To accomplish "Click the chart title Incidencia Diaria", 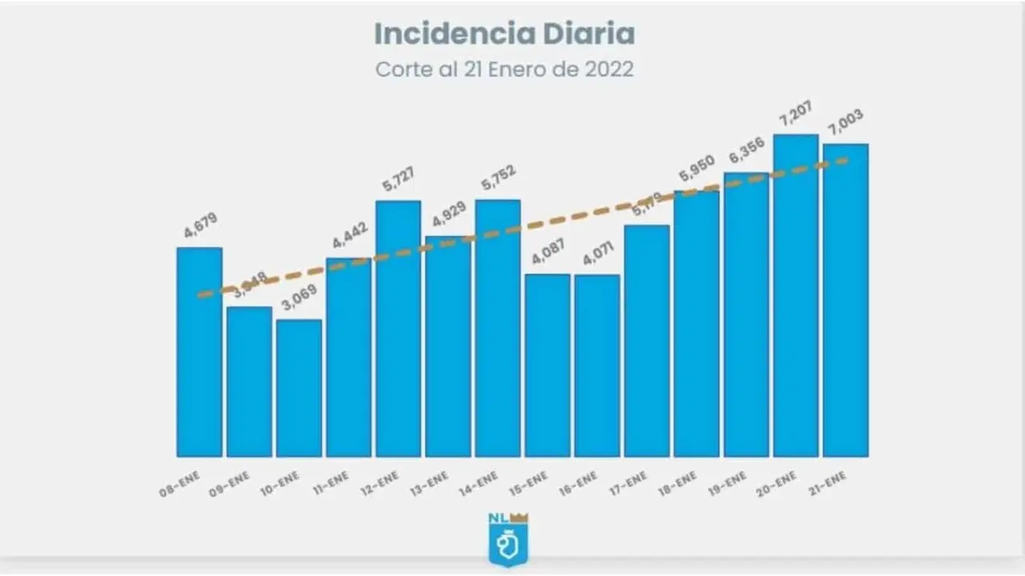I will coord(504,34).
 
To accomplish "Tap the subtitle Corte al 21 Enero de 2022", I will coord(504,69).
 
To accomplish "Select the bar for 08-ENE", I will coord(199,352).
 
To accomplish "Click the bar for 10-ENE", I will coord(299,389).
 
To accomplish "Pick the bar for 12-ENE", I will coord(398,328).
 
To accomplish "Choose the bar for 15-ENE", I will coord(548,365).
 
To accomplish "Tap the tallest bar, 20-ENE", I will coord(795,296).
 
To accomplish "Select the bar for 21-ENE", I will coord(846,300).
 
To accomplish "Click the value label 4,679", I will coord(201,225).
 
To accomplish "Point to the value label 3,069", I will coord(299,298).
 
